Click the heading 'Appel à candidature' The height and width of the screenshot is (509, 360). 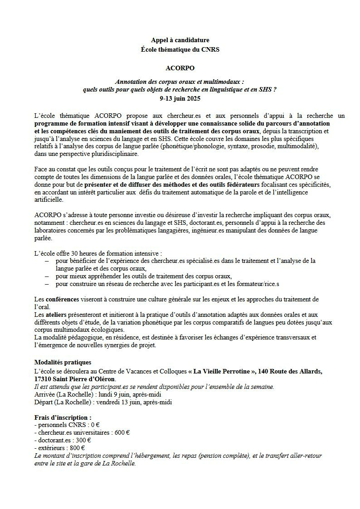click(180, 40)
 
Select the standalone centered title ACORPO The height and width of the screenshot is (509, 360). click(180, 68)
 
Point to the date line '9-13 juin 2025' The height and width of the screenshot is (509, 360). click(180, 98)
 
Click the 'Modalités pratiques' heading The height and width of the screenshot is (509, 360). click(63, 362)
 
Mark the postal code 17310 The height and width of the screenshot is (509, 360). click(44, 378)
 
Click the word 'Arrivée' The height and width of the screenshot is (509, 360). click(44, 394)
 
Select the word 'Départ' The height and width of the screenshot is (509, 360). click(44, 402)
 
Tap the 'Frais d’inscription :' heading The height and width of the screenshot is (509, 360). click(63, 417)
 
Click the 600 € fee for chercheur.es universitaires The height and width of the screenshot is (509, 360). click(122, 432)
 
